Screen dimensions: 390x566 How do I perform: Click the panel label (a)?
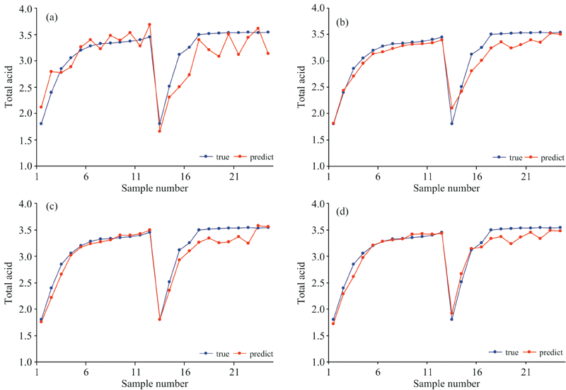(52, 16)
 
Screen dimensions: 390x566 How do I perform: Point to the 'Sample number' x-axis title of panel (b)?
(447, 188)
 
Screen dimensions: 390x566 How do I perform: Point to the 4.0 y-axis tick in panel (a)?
(24, 8)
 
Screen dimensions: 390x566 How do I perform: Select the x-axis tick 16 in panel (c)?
(184, 371)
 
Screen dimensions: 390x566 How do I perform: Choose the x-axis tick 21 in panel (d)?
(525, 371)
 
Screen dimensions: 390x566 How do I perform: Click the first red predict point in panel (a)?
(41, 107)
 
